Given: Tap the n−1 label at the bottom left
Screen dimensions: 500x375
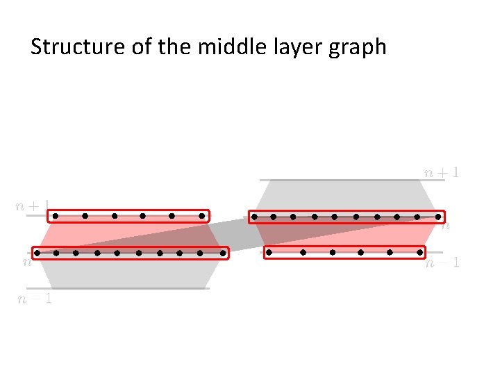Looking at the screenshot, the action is point(35,299).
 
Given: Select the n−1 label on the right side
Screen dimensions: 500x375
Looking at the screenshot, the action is point(442,263).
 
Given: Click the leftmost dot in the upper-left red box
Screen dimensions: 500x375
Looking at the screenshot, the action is point(56,216).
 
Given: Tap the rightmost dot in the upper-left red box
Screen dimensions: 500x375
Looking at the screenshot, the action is point(201,216).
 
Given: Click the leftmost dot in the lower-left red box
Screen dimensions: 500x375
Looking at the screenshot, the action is point(38,253).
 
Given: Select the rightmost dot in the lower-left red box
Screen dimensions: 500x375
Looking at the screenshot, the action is point(222,253).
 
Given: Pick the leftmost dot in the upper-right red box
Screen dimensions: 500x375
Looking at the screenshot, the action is point(255,217).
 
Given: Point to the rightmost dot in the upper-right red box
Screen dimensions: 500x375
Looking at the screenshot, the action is point(437,217).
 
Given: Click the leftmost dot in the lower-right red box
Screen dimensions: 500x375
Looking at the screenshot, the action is point(269,253).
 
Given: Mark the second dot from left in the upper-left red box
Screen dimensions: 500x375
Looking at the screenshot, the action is point(85,216).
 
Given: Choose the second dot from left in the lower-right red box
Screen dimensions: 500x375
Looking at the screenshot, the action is point(303,253).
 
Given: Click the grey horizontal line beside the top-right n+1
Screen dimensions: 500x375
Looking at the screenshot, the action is point(340,180).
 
